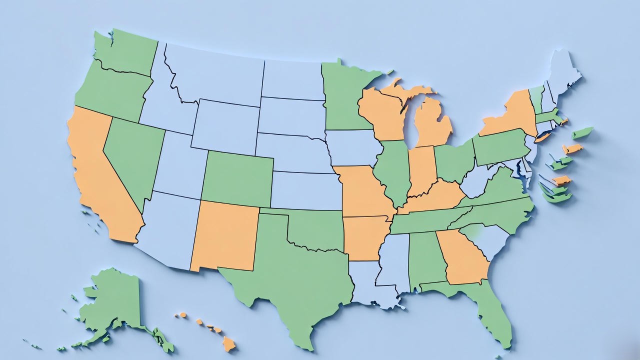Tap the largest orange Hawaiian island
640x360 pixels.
(x=228, y=344)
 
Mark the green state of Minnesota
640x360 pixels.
(x=345, y=97)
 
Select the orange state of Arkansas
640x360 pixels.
(x=365, y=237)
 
